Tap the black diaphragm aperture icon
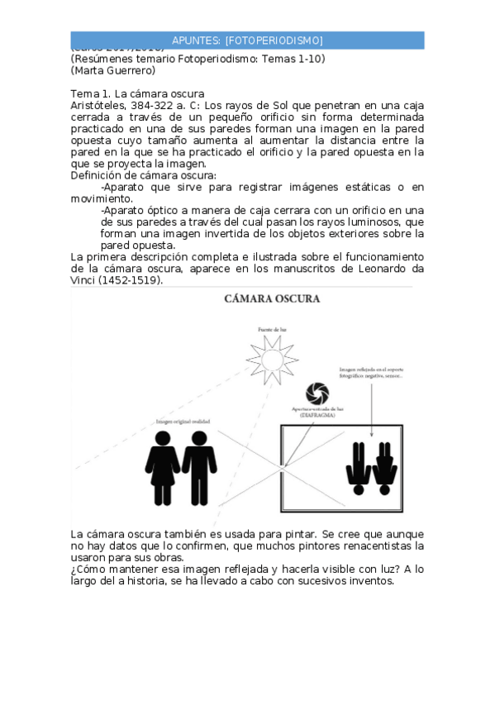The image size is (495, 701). click(x=317, y=392)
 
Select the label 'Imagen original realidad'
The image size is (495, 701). click(x=183, y=422)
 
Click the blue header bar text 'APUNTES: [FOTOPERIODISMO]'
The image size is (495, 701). click(x=247, y=41)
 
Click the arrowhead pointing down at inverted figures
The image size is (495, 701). click(x=371, y=436)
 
